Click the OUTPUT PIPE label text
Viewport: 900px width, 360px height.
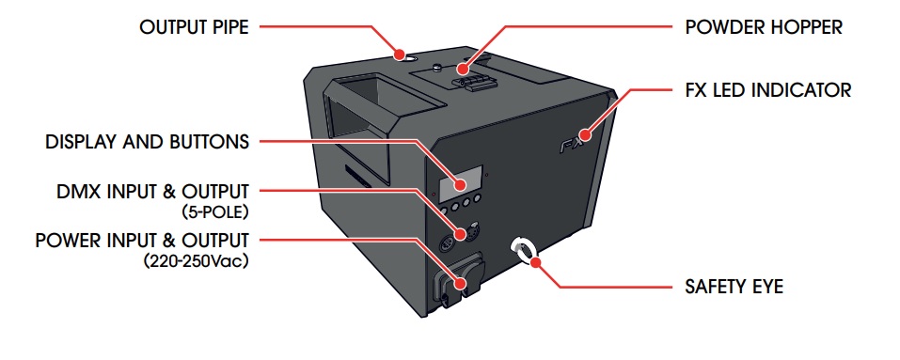(x=194, y=27)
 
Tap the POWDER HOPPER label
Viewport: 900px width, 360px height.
(x=764, y=27)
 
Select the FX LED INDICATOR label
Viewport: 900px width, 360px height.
(x=768, y=90)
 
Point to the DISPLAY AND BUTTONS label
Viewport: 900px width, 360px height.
(x=148, y=142)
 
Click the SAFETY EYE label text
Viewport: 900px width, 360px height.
(x=734, y=286)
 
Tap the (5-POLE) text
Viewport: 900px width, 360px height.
(x=215, y=212)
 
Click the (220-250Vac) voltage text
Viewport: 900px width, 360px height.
(x=197, y=261)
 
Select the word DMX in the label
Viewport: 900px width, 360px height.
(x=77, y=192)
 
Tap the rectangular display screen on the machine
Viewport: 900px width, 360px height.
(x=460, y=183)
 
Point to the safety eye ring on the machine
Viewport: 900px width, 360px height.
(x=524, y=250)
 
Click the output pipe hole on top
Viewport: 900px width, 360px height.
(x=402, y=56)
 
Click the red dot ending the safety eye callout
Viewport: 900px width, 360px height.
(x=536, y=263)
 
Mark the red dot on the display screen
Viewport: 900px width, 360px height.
(x=460, y=184)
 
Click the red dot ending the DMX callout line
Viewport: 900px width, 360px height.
(x=460, y=234)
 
